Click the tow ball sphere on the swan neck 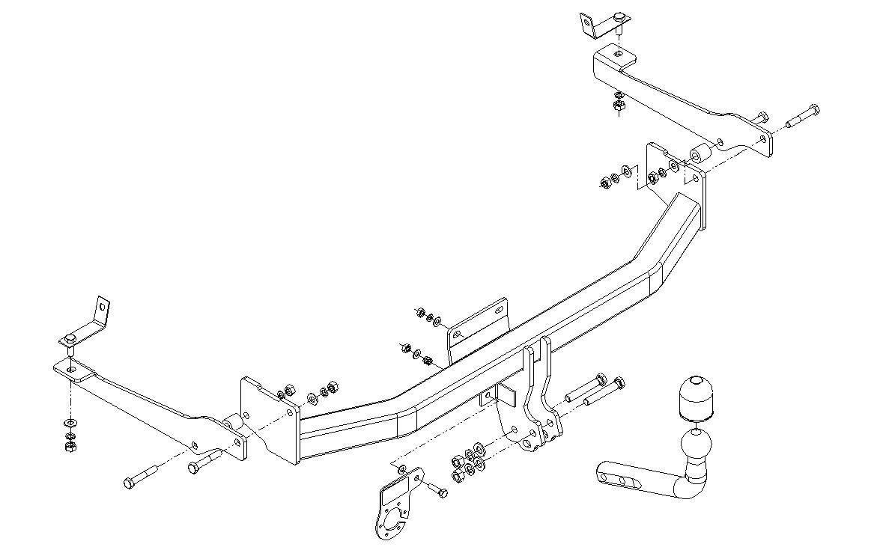point(696,449)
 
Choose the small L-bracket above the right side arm point(589,25)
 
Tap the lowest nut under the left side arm point(70,446)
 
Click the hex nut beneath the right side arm point(619,109)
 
